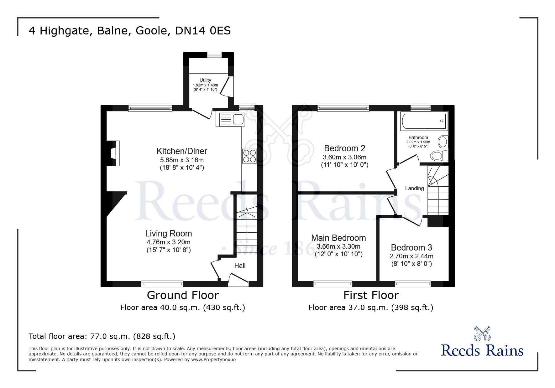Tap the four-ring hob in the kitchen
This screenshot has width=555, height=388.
249,156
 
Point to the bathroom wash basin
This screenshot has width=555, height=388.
443,142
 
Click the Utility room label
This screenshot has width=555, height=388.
205,80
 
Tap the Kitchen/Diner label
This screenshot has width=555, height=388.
182,151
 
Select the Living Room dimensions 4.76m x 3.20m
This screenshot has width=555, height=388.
169,242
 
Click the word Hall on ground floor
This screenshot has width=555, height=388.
240,266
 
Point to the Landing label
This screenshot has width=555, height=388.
414,188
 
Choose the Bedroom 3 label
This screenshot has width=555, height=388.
411,248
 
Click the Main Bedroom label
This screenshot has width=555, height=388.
338,238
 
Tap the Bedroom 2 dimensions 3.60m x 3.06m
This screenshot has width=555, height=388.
344,157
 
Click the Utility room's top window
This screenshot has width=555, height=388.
214,55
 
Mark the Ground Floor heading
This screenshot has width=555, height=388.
183,295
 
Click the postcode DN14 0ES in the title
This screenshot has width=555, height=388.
203,31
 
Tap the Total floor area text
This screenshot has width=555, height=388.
102,336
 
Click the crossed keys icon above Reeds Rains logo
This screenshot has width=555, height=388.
482,334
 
